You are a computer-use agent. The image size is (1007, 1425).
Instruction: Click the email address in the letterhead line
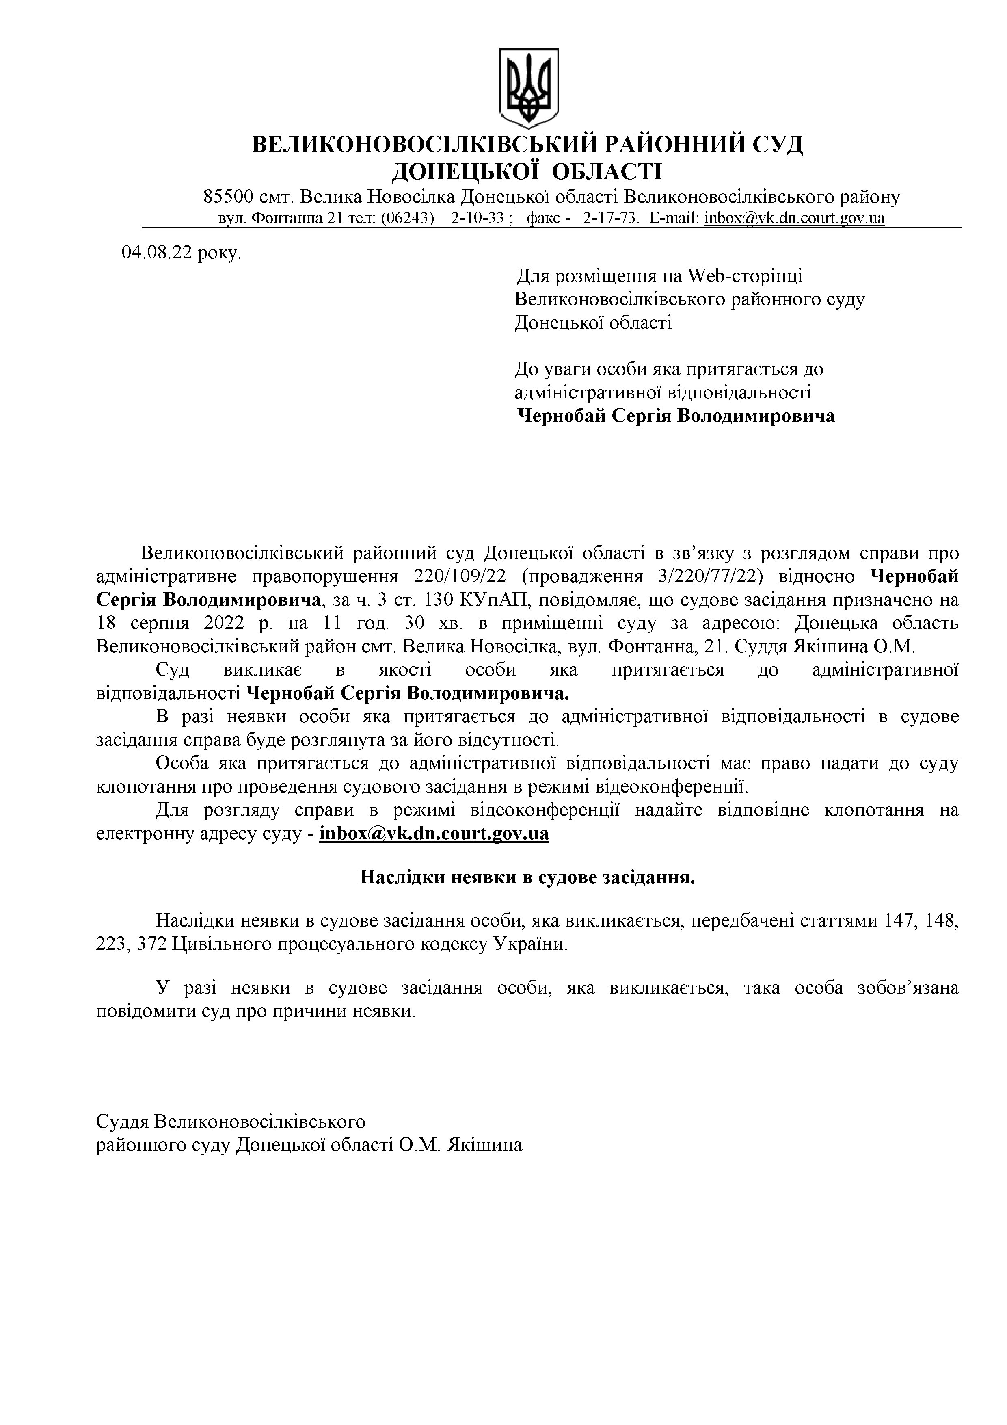[794, 219]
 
